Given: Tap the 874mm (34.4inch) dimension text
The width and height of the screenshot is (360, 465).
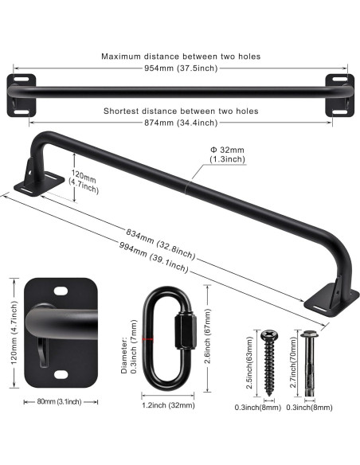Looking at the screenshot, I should click(x=181, y=123).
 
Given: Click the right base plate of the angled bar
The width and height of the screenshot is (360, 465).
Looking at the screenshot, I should click(x=329, y=299).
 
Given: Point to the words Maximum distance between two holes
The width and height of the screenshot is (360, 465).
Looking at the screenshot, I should click(x=181, y=56).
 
